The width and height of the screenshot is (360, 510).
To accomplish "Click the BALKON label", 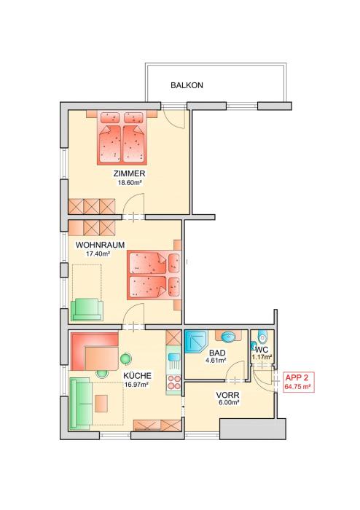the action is coord(187,85).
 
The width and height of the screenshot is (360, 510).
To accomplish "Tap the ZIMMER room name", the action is coord(130,173).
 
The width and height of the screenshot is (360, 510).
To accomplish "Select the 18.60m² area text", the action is coord(130,183).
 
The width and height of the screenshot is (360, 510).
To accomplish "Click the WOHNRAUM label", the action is coord(100,245).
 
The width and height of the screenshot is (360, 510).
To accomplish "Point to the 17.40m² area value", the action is coord(98,254).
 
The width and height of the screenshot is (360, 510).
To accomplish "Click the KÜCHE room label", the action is coord(137,376).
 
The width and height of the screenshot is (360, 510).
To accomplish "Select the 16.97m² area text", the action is coord(136,385).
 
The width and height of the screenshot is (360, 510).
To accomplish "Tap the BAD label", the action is coord(217,353).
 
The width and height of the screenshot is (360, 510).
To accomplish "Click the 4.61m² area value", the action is coord(216,361).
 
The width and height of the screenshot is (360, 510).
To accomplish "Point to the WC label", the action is coord(262,350).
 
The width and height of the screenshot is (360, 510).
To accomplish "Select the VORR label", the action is coord(228,395).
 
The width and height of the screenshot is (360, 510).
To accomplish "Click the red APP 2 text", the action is coord(297,378).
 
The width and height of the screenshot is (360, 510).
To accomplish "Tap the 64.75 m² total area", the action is coord(298,387).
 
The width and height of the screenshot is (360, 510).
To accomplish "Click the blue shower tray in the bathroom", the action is coord(196,342).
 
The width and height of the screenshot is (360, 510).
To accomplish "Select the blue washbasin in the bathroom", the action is coord(230,337).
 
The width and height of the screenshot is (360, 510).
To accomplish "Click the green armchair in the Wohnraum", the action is coord(87,310).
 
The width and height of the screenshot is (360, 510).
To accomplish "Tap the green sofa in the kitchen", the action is coord(80,404).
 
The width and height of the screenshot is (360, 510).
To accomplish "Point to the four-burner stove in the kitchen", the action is coord(173,382).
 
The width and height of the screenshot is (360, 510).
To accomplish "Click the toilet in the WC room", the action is coord(262,337).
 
